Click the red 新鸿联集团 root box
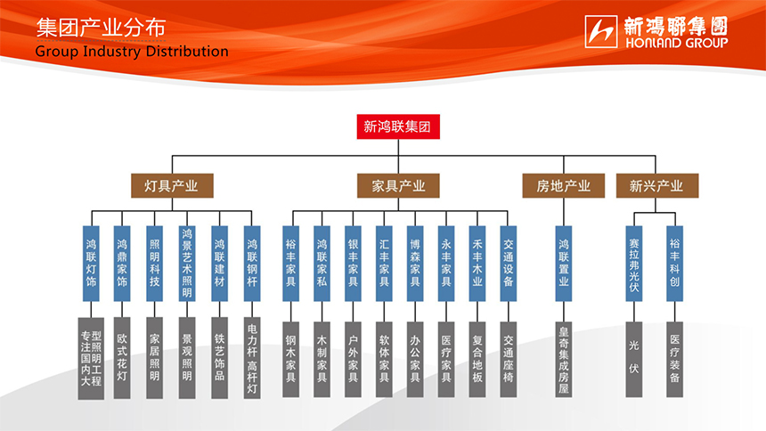(397, 126)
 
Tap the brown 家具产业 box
(398, 186)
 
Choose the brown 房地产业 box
(563, 186)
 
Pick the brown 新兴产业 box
(656, 186)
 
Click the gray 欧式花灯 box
(123, 357)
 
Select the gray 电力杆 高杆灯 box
(251, 357)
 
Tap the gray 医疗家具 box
(446, 357)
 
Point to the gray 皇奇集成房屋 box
(563, 357)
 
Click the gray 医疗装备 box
(674, 357)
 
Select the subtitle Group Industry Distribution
(132, 52)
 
